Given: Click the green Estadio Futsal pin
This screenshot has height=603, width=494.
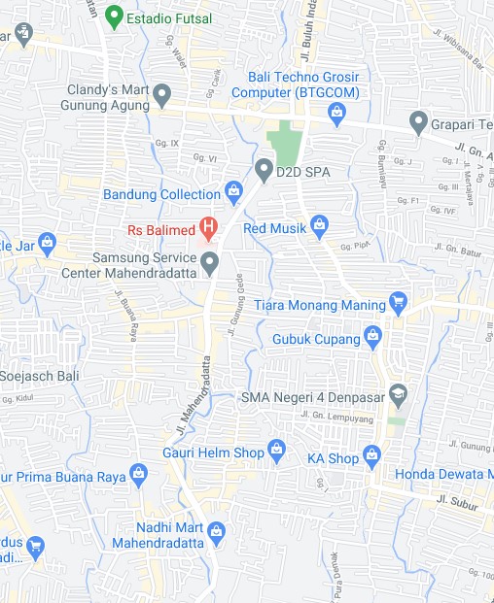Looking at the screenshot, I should (115, 17).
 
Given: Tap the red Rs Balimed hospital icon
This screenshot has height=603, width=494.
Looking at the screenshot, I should (208, 230).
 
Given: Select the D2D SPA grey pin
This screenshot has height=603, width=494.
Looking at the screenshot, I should (263, 170).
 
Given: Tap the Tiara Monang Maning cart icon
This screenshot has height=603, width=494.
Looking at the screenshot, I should (397, 304).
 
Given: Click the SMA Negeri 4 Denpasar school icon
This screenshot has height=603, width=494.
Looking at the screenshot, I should (397, 395).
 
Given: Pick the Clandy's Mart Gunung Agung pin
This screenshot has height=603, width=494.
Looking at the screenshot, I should (162, 96).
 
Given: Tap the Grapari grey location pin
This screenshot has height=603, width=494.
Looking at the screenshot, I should (419, 123).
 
